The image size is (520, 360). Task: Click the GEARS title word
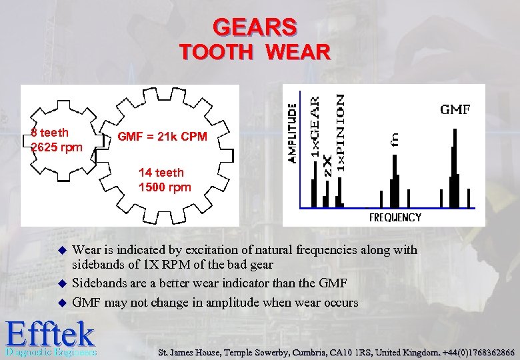pyautogui.click(x=255, y=27)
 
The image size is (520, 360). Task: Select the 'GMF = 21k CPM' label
pyautogui.click(x=162, y=137)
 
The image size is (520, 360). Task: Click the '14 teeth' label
pyautogui.click(x=162, y=173)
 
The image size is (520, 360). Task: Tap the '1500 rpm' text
pyautogui.click(x=164, y=187)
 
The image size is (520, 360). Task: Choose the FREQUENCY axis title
pyautogui.click(x=395, y=217)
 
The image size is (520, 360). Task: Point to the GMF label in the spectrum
pyautogui.click(x=455, y=109)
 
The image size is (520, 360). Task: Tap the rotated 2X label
pyautogui.click(x=327, y=166)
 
